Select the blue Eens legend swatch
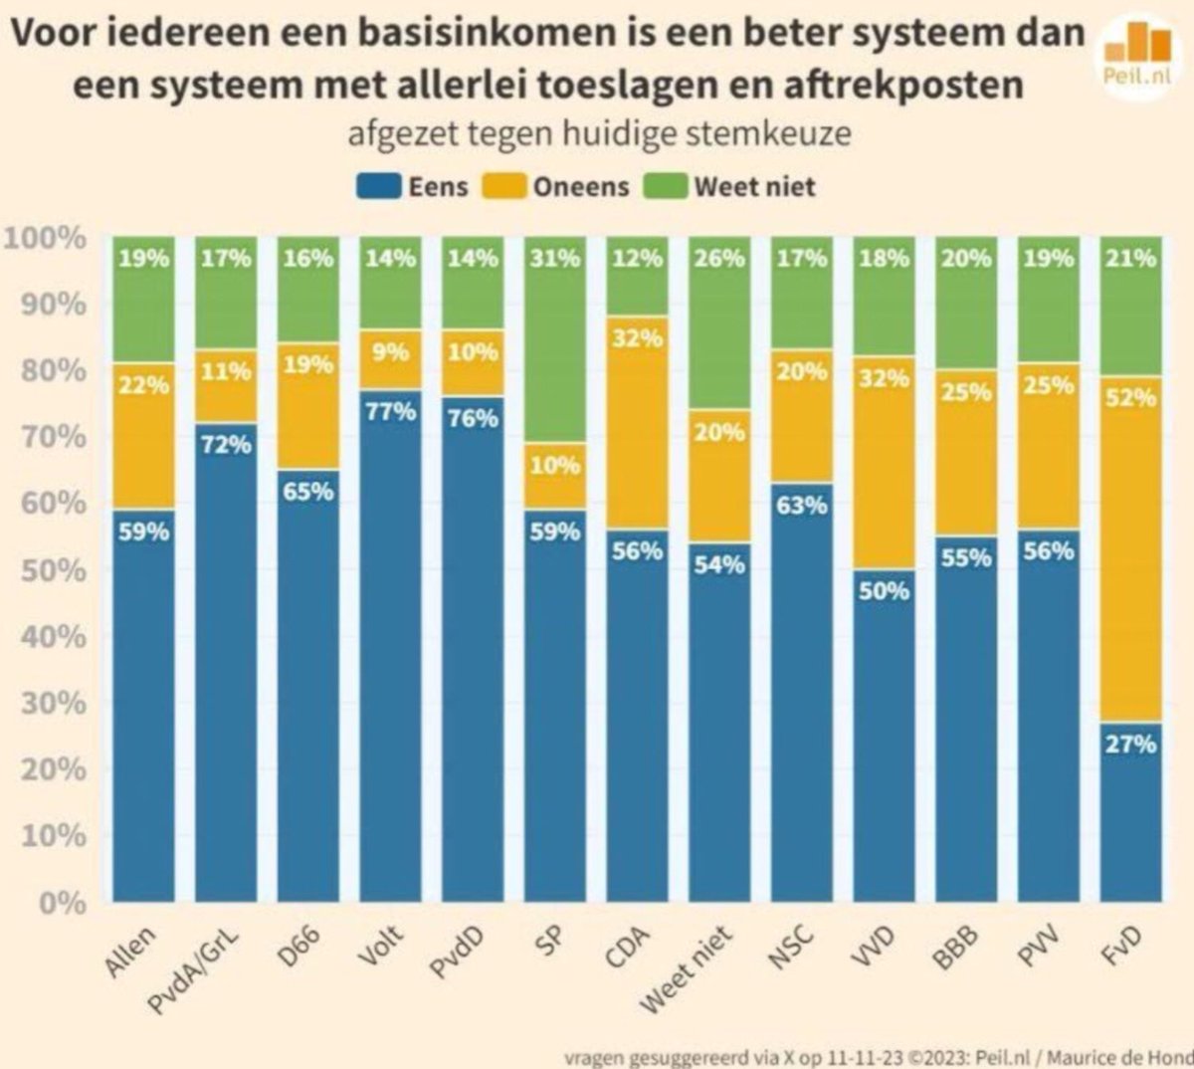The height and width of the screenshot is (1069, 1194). pyautogui.click(x=379, y=186)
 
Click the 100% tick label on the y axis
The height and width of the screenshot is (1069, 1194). pyautogui.click(x=47, y=238)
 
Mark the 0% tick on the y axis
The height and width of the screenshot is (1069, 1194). pyautogui.click(x=62, y=902)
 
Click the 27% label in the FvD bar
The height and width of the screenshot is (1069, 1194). pyautogui.click(x=1130, y=744)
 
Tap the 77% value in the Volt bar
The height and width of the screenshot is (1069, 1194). pyautogui.click(x=390, y=410)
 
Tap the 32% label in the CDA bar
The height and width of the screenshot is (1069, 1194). pyautogui.click(x=637, y=338)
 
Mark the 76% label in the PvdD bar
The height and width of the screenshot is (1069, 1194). pyautogui.click(x=473, y=418)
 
